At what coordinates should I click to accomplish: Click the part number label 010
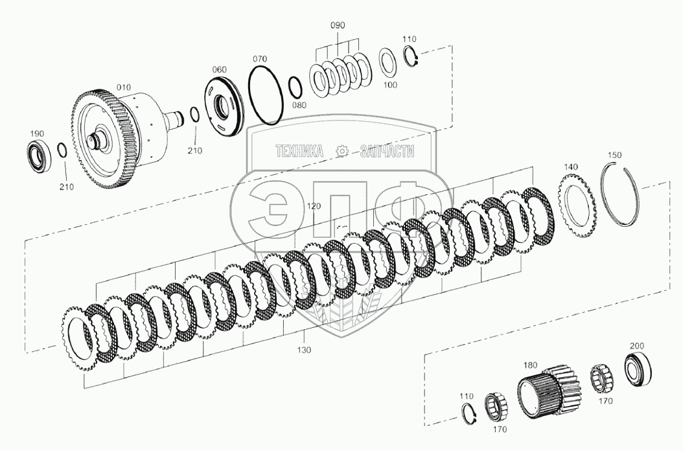(122, 87)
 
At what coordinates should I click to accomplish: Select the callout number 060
(220, 69)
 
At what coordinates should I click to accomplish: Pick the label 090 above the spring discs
(338, 25)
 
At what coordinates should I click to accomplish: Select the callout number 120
(314, 205)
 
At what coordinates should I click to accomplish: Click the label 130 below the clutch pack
(305, 350)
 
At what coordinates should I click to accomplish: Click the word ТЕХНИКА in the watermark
(299, 152)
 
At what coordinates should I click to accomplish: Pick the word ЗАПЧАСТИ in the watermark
(386, 152)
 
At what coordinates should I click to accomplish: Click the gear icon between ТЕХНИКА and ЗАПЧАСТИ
(341, 152)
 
